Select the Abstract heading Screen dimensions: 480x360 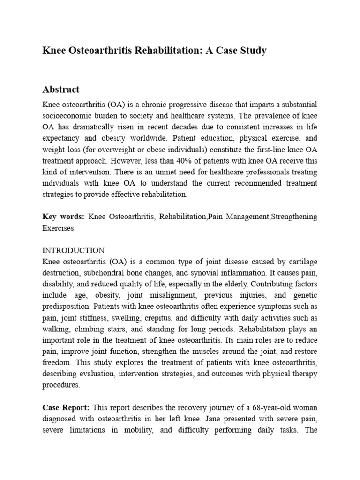61,89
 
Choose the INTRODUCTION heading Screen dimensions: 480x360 73,250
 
